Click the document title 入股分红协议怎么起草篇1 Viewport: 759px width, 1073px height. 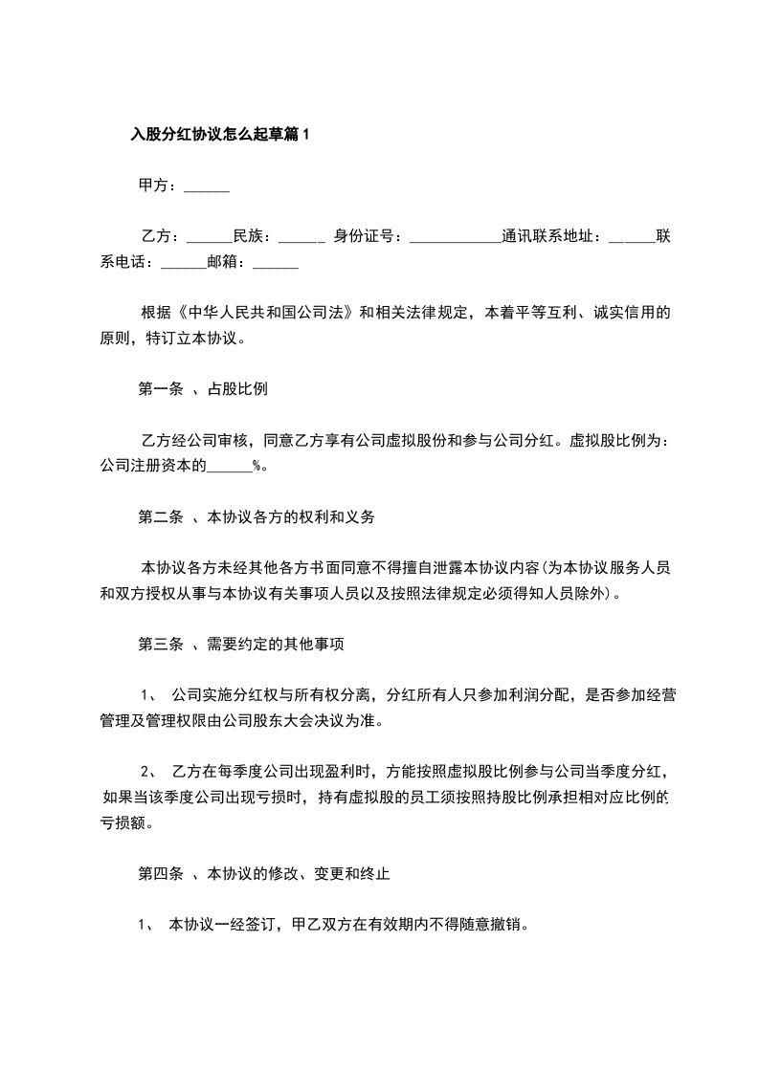click(x=221, y=136)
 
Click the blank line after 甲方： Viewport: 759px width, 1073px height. click(x=206, y=187)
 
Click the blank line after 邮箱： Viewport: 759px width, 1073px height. click(x=276, y=262)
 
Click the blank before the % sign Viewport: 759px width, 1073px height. click(x=230, y=467)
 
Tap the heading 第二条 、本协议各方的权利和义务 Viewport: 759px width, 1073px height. click(x=257, y=517)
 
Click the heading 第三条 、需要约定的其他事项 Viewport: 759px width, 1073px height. click(x=241, y=645)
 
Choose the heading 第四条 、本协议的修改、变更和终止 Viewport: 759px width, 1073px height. click(x=264, y=874)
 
